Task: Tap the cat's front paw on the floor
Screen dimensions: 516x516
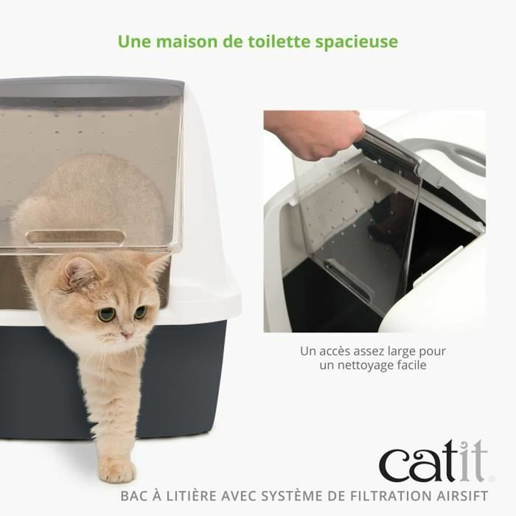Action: coord(117,470)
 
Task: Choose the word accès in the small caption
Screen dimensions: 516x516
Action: coord(336,351)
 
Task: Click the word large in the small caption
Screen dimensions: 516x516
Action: coord(398,351)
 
